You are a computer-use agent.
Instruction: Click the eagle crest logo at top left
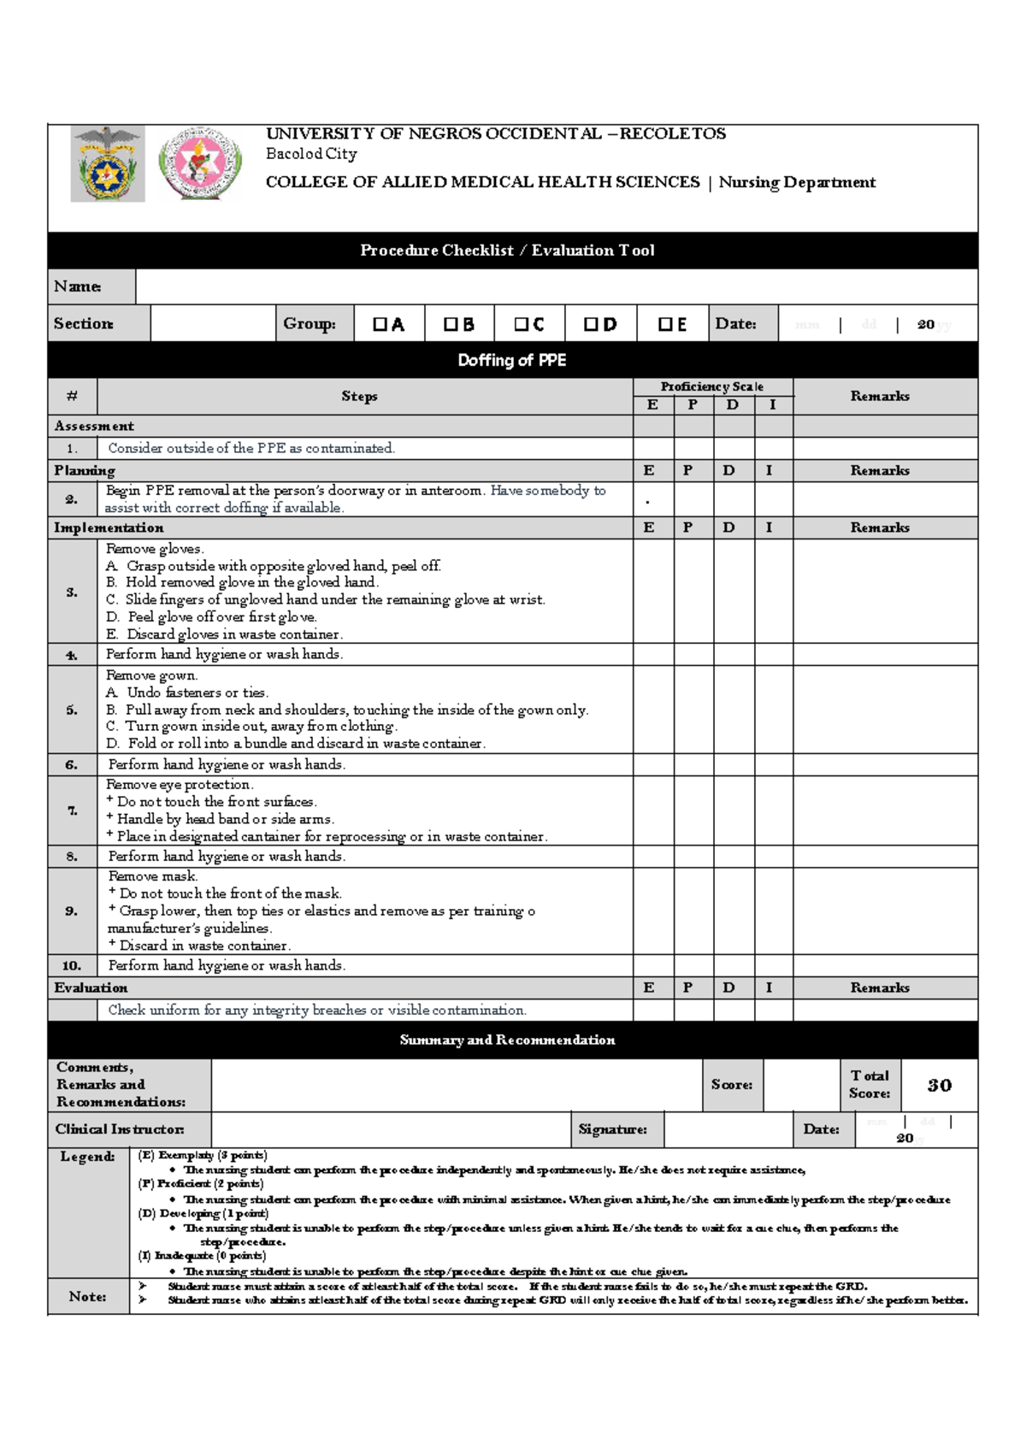pyautogui.click(x=108, y=164)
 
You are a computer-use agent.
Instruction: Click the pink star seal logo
pyautogui.click(x=200, y=164)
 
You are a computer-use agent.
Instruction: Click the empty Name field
pyautogui.click(x=556, y=286)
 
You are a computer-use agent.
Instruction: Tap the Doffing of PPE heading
pyautogui.click(x=511, y=360)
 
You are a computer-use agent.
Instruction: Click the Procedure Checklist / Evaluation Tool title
pyautogui.click(x=507, y=251)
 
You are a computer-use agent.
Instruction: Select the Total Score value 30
pyautogui.click(x=939, y=1085)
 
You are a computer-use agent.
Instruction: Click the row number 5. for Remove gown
pyautogui.click(x=72, y=710)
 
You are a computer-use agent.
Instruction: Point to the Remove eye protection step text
pyautogui.click(x=180, y=784)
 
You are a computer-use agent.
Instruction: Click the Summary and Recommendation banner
pyautogui.click(x=507, y=1040)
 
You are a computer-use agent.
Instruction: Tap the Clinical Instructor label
pyautogui.click(x=120, y=1129)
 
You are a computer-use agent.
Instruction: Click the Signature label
pyautogui.click(x=612, y=1129)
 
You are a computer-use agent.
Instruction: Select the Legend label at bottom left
pyautogui.click(x=87, y=1157)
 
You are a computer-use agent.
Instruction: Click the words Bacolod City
pyautogui.click(x=311, y=154)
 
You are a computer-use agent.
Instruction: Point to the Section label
pyautogui.click(x=83, y=323)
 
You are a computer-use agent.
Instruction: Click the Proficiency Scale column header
pyautogui.click(x=711, y=386)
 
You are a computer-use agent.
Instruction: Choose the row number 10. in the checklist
pyautogui.click(x=72, y=965)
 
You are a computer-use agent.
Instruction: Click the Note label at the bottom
pyautogui.click(x=87, y=1296)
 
